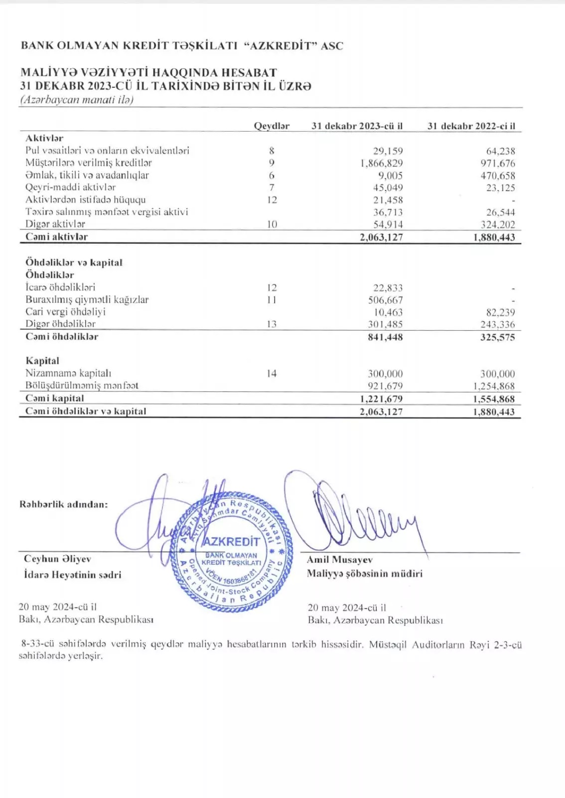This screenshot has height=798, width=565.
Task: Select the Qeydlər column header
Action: click(x=272, y=126)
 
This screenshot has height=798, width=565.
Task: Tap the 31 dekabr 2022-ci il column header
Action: click(x=471, y=126)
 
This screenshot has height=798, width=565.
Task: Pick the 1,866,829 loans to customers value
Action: click(x=382, y=163)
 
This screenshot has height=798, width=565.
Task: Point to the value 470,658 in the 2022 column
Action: click(x=498, y=176)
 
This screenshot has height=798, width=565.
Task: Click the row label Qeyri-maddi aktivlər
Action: click(x=70, y=188)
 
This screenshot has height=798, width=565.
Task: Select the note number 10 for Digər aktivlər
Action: click(x=272, y=224)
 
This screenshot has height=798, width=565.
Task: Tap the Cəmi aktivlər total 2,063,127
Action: click(x=381, y=237)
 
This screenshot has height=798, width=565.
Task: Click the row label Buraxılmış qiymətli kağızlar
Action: click(x=87, y=300)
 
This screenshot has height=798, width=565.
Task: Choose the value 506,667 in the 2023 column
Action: click(x=385, y=300)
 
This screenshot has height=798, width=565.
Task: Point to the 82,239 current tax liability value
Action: click(x=500, y=313)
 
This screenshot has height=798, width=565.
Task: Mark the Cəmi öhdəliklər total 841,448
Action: click(x=385, y=337)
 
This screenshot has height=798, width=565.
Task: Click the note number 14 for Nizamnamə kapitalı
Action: click(x=272, y=374)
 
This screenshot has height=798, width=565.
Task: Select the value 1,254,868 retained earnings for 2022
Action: click(x=494, y=386)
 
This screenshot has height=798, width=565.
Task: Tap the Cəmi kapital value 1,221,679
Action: click(x=381, y=399)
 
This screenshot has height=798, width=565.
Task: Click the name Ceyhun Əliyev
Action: click(x=57, y=559)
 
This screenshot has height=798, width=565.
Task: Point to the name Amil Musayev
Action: click(x=339, y=560)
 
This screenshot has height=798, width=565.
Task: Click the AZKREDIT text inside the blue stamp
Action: click(x=231, y=542)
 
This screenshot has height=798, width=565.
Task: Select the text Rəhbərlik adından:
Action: click(x=63, y=504)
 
